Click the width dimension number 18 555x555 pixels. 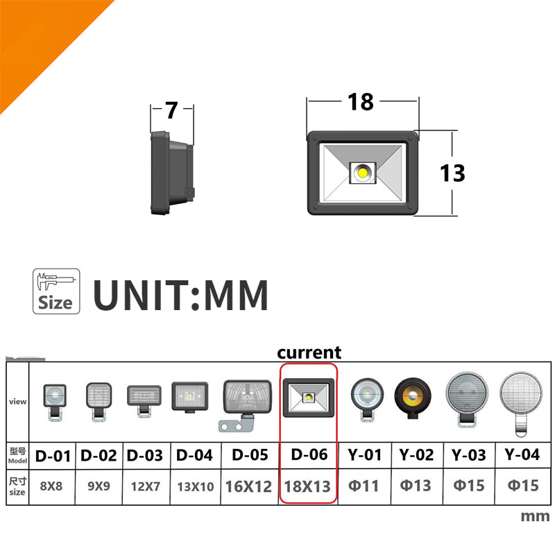(x=360, y=102)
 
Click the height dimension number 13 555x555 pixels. (x=452, y=173)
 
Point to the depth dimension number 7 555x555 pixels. (x=171, y=110)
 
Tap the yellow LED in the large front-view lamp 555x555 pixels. (x=363, y=173)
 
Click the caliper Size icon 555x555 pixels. (x=56, y=291)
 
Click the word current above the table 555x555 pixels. (x=309, y=352)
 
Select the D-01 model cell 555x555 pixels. (x=53, y=456)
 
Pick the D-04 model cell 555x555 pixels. (x=195, y=456)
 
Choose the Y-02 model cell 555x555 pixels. (x=417, y=455)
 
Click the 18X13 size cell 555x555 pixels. (x=307, y=486)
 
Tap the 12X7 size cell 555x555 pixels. (x=146, y=486)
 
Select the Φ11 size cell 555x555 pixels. (x=364, y=486)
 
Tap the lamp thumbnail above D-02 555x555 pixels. (x=99, y=402)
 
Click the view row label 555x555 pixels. (x=18, y=402)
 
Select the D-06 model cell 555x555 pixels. (x=309, y=455)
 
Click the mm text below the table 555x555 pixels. (x=535, y=516)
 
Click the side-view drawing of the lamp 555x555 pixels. (x=172, y=173)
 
